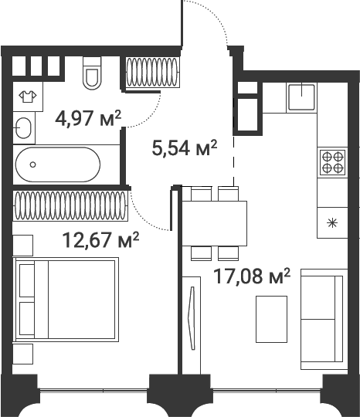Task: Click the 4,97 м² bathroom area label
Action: (88, 118)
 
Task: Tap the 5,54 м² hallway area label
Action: (185, 147)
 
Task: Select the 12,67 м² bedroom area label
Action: (100, 239)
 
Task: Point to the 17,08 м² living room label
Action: (252, 276)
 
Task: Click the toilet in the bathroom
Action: (92, 73)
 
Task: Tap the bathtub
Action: (58, 164)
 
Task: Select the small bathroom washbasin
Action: (23, 128)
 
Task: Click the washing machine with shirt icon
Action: (28, 97)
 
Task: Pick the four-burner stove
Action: (332, 162)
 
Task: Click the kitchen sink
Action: (301, 97)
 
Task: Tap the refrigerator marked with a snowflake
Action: (332, 223)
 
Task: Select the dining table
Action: (215, 223)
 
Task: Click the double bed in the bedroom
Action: (66, 299)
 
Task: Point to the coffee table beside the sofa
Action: (271, 319)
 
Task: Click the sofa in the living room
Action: (324, 319)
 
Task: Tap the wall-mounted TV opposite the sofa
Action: (192, 318)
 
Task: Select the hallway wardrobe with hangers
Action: (152, 73)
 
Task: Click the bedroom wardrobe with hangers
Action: (70, 205)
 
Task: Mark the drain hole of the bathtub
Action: (32, 164)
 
